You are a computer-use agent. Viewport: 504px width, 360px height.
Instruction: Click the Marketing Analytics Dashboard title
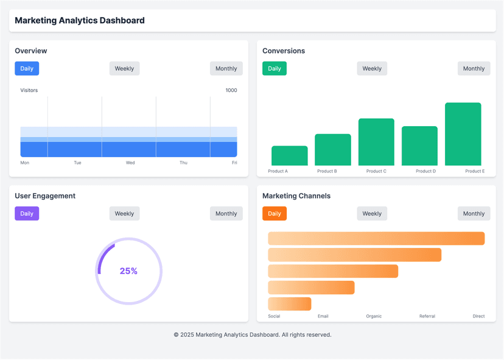[x=80, y=21]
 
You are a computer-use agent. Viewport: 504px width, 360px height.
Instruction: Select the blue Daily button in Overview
[x=27, y=69]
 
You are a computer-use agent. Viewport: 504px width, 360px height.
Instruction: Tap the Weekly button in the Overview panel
[x=124, y=69]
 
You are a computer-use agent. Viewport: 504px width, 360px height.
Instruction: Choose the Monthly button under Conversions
[x=474, y=69]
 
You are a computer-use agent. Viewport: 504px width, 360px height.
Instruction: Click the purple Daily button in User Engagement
[x=27, y=214]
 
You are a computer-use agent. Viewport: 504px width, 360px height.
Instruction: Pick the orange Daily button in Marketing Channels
[x=275, y=214]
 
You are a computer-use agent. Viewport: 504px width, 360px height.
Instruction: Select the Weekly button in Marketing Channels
[x=372, y=214]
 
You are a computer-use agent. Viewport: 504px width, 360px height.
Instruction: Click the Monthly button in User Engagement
[x=226, y=214]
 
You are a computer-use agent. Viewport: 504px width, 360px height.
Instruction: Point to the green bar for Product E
[x=463, y=134]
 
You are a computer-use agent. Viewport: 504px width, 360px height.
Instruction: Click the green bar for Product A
[x=289, y=156]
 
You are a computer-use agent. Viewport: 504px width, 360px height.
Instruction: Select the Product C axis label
[x=376, y=171]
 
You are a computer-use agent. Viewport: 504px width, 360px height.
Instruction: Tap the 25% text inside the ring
[x=128, y=271]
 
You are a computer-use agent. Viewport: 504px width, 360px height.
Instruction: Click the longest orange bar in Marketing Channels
[x=376, y=239]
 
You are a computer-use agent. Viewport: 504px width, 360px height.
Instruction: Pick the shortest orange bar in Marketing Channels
[x=289, y=304]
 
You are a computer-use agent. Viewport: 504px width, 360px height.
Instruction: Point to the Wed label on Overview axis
[x=130, y=163]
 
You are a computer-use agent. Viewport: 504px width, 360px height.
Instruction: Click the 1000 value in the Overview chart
[x=231, y=90]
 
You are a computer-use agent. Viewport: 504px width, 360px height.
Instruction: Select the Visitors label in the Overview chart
[x=29, y=90]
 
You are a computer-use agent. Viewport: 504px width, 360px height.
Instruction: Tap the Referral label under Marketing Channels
[x=428, y=316]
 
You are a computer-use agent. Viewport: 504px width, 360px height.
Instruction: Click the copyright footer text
[x=252, y=334]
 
